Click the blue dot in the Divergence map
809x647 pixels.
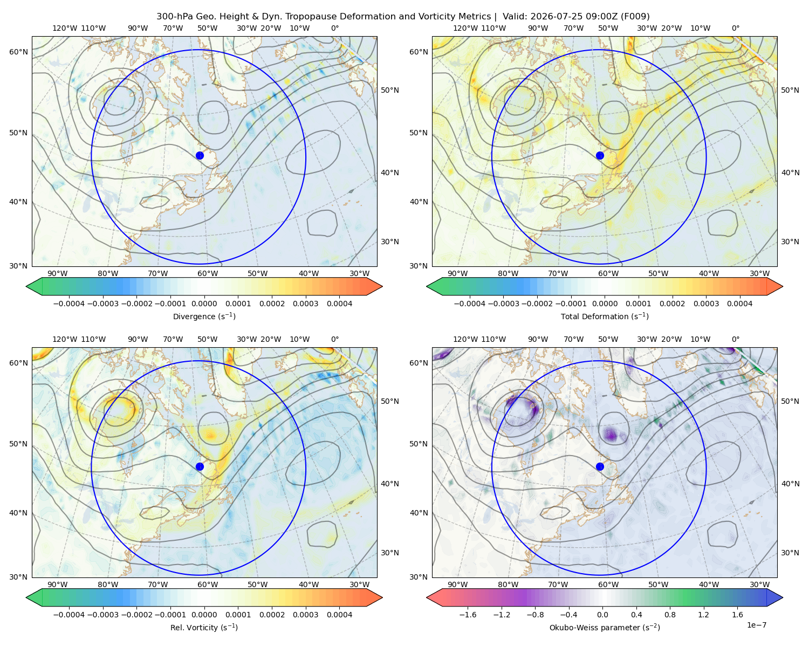click(200, 155)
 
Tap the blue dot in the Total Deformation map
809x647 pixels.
click(600, 155)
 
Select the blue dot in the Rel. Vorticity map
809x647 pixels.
click(200, 466)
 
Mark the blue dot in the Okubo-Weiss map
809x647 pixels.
click(600, 466)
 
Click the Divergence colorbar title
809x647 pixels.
click(204, 316)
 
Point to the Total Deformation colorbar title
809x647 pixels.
click(605, 316)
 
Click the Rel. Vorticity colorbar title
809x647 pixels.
click(204, 628)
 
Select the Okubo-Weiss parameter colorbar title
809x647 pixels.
click(605, 628)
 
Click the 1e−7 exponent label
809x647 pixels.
click(756, 625)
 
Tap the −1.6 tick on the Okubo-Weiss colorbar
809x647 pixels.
click(468, 615)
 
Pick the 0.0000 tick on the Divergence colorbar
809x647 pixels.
click(204, 304)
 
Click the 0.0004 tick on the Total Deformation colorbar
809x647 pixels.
click(739, 304)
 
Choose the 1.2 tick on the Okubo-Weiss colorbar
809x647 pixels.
click(703, 615)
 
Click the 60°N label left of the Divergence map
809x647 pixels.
click(18, 52)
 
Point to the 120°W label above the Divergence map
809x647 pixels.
click(65, 28)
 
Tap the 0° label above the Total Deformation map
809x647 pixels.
click(735, 28)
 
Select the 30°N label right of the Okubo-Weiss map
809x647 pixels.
click(790, 553)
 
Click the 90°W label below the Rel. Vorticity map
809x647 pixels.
click(58, 584)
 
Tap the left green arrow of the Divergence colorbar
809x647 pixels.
click(34, 286)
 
